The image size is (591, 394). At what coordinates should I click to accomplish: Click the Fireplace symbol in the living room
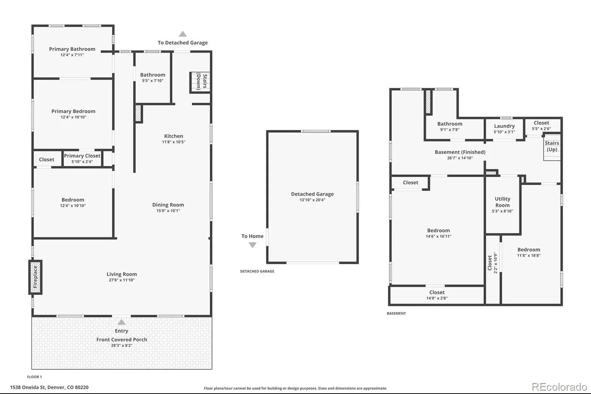click(x=35, y=277)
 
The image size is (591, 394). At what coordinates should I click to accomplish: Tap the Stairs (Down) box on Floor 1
click(x=200, y=82)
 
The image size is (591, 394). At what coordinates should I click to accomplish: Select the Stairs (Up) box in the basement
click(x=552, y=147)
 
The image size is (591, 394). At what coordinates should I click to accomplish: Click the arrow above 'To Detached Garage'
click(x=183, y=34)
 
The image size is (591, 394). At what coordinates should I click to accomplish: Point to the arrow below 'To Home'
click(x=253, y=245)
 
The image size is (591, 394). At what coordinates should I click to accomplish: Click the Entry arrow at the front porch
click(x=122, y=322)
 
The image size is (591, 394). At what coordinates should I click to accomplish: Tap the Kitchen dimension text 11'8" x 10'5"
click(x=174, y=142)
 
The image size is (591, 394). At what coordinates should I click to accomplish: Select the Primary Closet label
click(x=82, y=156)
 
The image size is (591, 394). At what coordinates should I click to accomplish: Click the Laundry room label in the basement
click(x=505, y=126)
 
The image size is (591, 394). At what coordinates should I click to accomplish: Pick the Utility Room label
click(x=502, y=202)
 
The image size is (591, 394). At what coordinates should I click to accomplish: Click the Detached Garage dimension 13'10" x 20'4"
click(x=312, y=200)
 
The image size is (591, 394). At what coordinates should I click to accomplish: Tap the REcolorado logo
click(x=559, y=387)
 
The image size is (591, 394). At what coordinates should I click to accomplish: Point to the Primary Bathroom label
click(x=72, y=49)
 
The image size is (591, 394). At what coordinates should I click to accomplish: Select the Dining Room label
click(x=168, y=205)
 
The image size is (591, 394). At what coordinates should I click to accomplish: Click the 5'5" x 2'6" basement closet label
click(x=542, y=129)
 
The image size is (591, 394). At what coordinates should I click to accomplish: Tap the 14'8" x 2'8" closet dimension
click(x=437, y=298)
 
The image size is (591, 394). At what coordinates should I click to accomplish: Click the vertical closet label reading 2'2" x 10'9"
click(x=495, y=263)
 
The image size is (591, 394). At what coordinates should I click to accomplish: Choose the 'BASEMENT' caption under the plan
click(x=396, y=313)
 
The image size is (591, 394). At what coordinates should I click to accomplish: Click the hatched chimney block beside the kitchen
click(x=138, y=113)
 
